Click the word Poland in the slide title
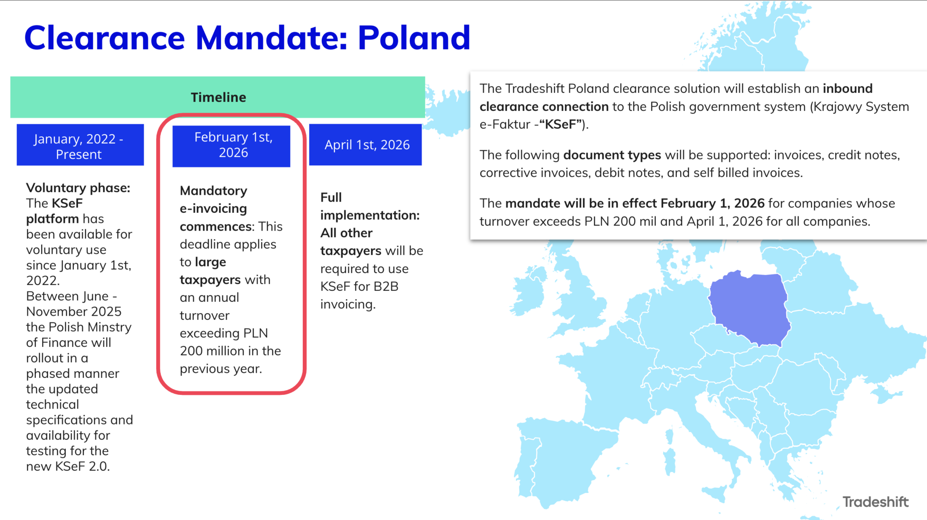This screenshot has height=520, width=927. click(x=414, y=38)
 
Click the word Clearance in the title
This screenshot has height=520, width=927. click(x=105, y=38)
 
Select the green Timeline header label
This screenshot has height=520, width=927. click(x=218, y=97)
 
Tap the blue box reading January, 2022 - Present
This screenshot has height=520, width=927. click(x=80, y=145)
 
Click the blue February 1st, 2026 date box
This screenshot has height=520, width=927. click(x=232, y=145)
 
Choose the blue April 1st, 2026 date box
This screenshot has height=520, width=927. click(x=366, y=145)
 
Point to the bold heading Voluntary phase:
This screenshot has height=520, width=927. click(x=78, y=188)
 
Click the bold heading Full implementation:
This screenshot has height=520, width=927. click(x=369, y=207)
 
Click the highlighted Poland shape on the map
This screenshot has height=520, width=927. click(x=749, y=308)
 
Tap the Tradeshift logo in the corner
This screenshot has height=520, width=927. click(x=875, y=502)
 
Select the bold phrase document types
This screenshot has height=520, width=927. click(x=612, y=155)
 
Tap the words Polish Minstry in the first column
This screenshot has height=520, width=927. click(x=90, y=327)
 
